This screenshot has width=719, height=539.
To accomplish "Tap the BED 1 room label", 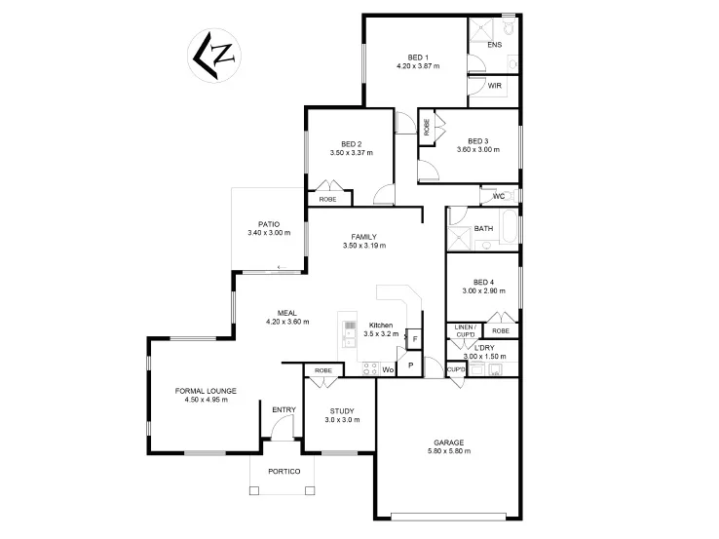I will [x=417, y=57].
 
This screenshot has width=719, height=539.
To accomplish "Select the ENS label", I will [x=494, y=45].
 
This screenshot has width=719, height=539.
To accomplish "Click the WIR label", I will [x=494, y=86].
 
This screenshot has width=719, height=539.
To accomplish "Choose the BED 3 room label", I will [x=477, y=140].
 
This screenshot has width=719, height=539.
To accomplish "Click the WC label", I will [x=498, y=196].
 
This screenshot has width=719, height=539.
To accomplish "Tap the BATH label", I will [x=483, y=229].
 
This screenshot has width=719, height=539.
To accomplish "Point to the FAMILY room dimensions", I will [x=364, y=246].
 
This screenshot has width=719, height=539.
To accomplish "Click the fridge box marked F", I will [x=414, y=338].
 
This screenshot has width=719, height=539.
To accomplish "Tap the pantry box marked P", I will [x=411, y=366].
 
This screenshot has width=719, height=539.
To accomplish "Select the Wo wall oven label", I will [x=387, y=369].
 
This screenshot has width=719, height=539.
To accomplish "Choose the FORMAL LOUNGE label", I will [x=206, y=390].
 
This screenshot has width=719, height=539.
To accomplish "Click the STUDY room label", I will [x=341, y=410].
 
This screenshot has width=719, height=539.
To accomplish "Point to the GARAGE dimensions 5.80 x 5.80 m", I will [x=448, y=451].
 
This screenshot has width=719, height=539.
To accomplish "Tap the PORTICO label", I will [x=284, y=472].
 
